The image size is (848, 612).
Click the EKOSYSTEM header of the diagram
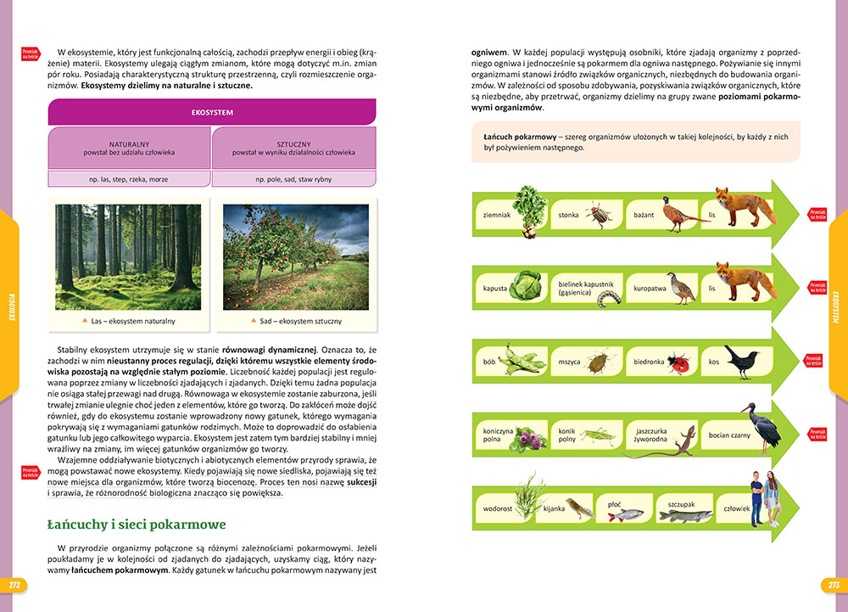[x=212, y=112]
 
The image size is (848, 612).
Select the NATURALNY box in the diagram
[x=130, y=148]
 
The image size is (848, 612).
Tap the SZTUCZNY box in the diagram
[x=293, y=148]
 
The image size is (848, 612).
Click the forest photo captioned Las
[x=128, y=257]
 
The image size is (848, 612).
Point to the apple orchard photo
[x=295, y=257]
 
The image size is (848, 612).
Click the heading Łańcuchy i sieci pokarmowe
[x=136, y=525]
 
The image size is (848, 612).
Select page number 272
[x=14, y=585]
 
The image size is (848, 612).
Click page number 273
[x=833, y=585]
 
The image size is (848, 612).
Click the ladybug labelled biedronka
[x=678, y=363]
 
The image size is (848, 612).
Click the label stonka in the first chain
[x=568, y=216]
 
